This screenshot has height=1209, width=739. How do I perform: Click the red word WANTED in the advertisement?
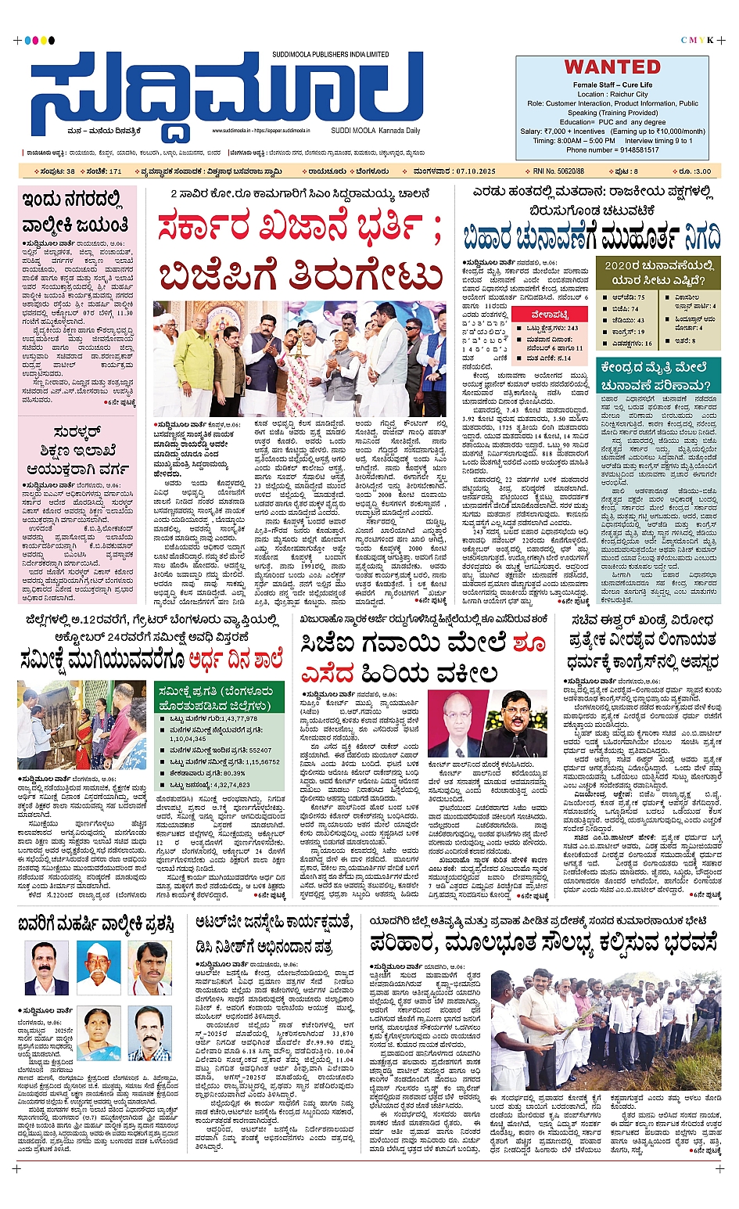[x=612, y=67]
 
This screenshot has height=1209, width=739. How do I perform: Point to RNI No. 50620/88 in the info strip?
[x=558, y=171]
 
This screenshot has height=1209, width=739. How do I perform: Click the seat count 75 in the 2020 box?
[x=640, y=297]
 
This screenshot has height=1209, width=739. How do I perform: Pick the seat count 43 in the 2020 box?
[x=640, y=320]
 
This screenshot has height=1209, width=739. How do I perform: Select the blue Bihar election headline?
[x=591, y=236]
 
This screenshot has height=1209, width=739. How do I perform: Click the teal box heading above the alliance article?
[x=655, y=376]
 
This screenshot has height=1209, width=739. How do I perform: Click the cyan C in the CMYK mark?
[x=684, y=40]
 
